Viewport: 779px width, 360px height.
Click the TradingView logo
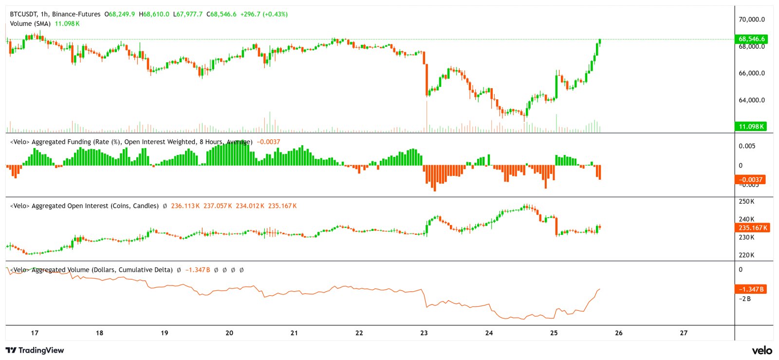click(35, 350)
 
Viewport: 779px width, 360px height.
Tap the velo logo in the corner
click(761, 350)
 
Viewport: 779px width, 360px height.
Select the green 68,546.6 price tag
click(751, 39)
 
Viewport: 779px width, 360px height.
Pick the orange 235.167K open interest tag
click(752, 227)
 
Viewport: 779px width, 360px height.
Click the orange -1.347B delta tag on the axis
click(751, 289)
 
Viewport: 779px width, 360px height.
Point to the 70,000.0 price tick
click(752, 19)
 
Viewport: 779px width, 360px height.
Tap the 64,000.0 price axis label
click(752, 100)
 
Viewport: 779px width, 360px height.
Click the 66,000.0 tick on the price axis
click(752, 73)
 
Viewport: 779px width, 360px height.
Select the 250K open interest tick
click(746, 201)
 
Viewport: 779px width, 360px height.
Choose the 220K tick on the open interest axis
click(746, 255)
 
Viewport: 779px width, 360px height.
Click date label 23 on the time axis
click(424, 333)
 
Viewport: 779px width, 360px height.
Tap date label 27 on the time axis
click(684, 333)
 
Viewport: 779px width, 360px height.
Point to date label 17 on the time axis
click(35, 333)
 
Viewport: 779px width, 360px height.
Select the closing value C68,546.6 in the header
click(222, 14)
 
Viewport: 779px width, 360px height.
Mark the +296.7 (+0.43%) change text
click(264, 14)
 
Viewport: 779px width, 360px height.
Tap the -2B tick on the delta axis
click(745, 299)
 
